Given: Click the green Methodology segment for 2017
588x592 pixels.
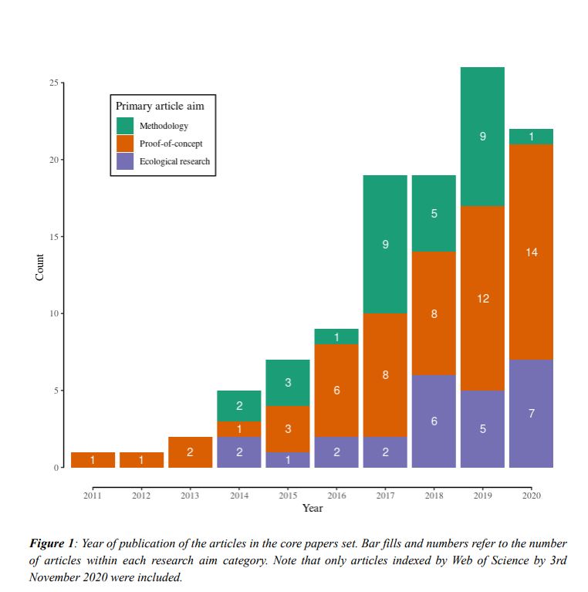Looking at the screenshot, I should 385,244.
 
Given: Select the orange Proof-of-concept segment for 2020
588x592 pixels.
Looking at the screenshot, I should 531,252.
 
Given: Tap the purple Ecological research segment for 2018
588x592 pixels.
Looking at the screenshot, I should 434,421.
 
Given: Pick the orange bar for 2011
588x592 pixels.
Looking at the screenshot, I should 93,460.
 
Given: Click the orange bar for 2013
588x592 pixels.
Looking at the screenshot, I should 190,452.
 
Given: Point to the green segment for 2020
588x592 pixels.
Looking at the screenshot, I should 531,137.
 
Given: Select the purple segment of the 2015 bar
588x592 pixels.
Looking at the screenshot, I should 287,460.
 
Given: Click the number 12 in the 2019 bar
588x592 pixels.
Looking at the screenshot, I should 482,298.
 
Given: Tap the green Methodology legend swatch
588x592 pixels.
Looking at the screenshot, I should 125,126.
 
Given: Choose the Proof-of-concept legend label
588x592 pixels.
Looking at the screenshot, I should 171,144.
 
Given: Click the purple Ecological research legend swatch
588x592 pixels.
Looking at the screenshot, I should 125,161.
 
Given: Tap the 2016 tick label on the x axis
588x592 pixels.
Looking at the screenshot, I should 336,496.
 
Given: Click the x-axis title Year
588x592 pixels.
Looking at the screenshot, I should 313,508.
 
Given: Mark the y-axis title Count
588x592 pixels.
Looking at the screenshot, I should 40,267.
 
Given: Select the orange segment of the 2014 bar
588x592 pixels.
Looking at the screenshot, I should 238,429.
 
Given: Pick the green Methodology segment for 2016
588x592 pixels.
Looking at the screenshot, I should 336,337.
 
